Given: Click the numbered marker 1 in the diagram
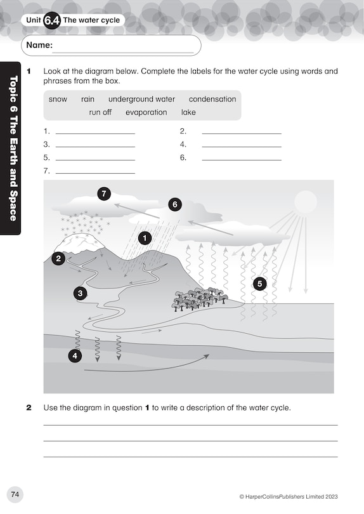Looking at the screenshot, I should pos(145,238).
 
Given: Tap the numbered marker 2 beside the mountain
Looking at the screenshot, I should pos(58,258).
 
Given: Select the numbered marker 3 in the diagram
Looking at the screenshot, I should pos(80,293).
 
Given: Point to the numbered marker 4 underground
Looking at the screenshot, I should pos(75,356).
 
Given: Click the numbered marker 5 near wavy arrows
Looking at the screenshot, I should pos(259,284).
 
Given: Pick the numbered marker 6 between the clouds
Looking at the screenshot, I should pos(175,204).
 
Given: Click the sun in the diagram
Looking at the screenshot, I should pos(305,202).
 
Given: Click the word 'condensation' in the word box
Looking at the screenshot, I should pos(212,99).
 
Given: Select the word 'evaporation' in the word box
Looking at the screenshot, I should pos(146,112).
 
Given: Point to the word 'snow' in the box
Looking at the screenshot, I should pos(58,99).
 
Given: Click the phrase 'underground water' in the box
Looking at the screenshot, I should pos(141,99).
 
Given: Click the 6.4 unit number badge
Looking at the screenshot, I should pos(52,20).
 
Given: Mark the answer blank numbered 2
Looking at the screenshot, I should pos(241,131).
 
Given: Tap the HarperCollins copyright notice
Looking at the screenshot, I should pos(289,497).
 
